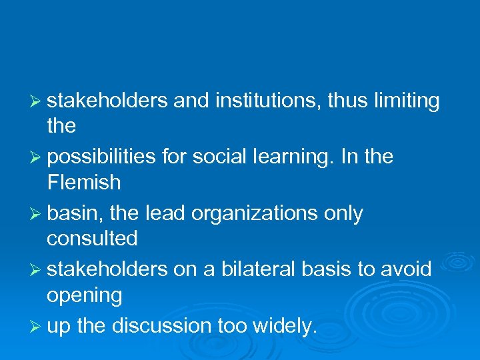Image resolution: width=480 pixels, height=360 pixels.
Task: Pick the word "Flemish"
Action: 84,182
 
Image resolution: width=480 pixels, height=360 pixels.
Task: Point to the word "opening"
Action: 85,294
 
